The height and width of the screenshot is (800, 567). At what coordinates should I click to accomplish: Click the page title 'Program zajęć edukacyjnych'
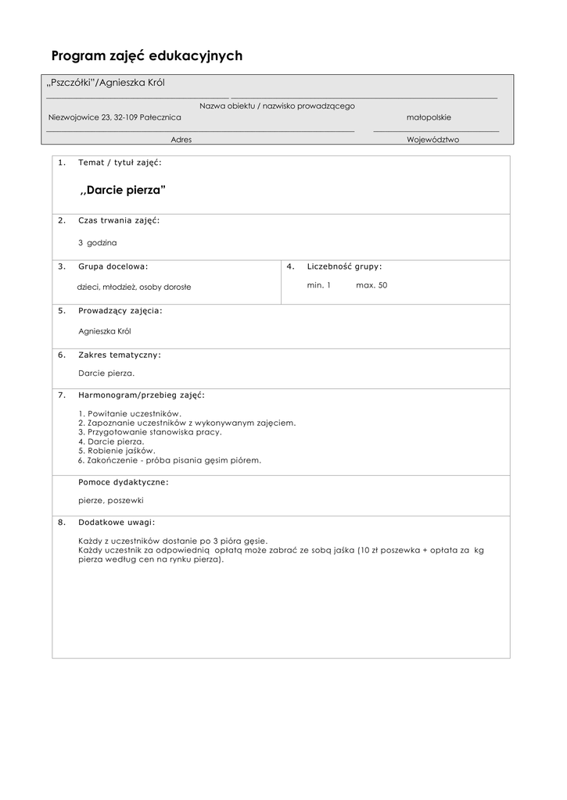coord(147,56)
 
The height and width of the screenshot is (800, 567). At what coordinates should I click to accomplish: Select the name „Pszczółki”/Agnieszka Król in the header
coord(106,84)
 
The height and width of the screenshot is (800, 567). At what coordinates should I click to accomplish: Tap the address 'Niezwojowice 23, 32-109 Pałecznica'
coord(114,117)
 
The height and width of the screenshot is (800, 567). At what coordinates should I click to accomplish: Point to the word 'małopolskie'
coord(429,117)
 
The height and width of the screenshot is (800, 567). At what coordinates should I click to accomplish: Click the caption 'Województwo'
coord(432,140)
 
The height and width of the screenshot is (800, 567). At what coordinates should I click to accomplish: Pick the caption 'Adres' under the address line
coord(181,140)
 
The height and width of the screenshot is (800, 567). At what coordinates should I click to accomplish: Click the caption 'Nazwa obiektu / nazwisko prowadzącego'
coord(277,105)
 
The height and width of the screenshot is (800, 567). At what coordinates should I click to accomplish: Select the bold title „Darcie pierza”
coord(124,191)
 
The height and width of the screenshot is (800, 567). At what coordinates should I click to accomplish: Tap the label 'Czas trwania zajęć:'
coord(119,221)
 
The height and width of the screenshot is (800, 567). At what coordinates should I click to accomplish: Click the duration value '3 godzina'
coord(98,243)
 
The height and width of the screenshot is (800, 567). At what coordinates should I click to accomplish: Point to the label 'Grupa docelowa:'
coord(113,266)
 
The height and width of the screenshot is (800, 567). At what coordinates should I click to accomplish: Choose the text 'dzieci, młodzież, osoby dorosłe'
coord(134,287)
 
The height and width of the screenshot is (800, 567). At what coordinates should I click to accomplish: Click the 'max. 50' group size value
coord(371,285)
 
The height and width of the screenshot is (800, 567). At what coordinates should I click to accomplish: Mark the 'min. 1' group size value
coord(319,285)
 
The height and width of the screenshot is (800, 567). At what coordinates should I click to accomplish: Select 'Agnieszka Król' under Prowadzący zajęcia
coord(105,331)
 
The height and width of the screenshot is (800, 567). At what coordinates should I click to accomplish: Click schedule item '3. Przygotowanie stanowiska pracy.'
coord(150,432)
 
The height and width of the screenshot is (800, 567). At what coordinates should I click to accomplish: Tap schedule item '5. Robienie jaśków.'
coord(117,451)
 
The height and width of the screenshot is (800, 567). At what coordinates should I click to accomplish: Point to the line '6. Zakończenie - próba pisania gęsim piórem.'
coord(170,460)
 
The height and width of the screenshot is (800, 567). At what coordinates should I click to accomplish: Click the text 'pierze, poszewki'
coord(111,500)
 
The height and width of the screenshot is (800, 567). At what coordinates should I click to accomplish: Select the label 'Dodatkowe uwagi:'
coord(117,522)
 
